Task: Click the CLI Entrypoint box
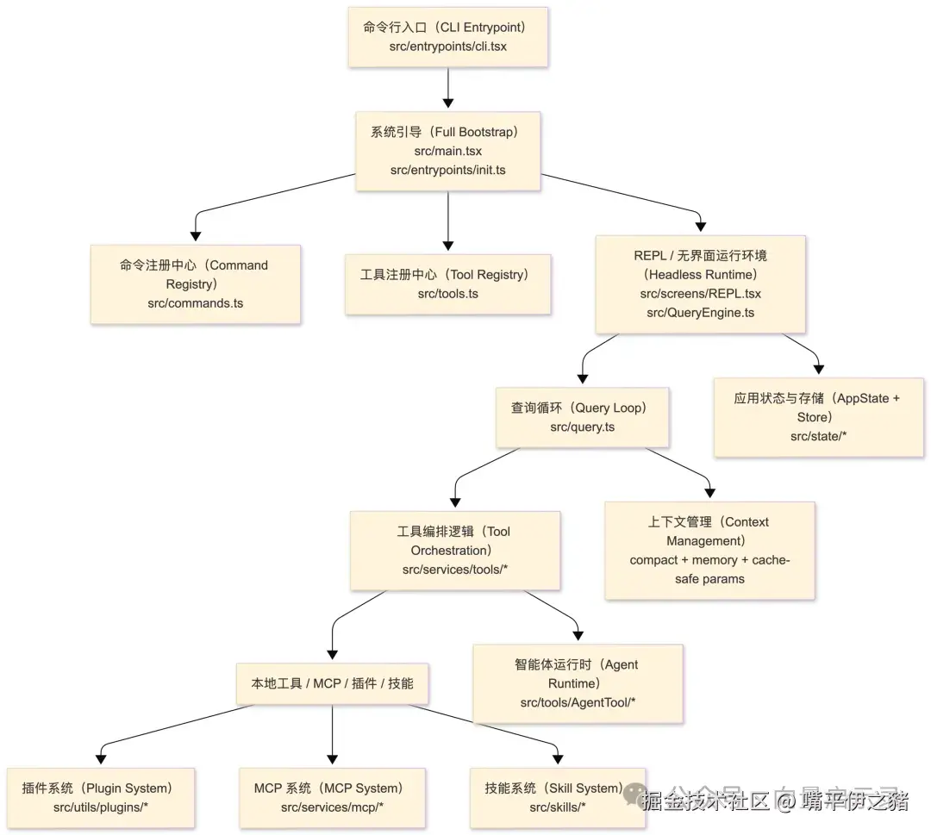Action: pyautogui.click(x=447, y=36)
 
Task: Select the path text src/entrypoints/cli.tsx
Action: pyautogui.click(x=447, y=47)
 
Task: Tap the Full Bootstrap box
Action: pyautogui.click(x=447, y=151)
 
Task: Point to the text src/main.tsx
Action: pyautogui.click(x=447, y=151)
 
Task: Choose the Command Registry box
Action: pyautogui.click(x=195, y=284)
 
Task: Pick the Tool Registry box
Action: pyautogui.click(x=447, y=284)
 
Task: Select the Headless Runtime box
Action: pyautogui.click(x=700, y=284)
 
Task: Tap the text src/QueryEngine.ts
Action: pyautogui.click(x=700, y=313)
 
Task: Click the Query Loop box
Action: pyautogui.click(x=582, y=417)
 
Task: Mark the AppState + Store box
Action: pyautogui.click(x=818, y=417)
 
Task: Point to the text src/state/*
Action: pyautogui.click(x=818, y=436)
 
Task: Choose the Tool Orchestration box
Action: pyautogui.click(x=454, y=551)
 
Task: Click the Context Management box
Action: pyautogui.click(x=709, y=551)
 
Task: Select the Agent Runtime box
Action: pyautogui.click(x=578, y=683)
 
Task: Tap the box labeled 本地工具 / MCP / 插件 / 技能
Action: pyautogui.click(x=332, y=683)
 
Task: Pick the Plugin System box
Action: pyautogui.click(x=101, y=797)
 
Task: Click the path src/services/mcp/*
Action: pyautogui.click(x=332, y=807)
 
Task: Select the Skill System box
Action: pyautogui.click(x=558, y=797)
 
